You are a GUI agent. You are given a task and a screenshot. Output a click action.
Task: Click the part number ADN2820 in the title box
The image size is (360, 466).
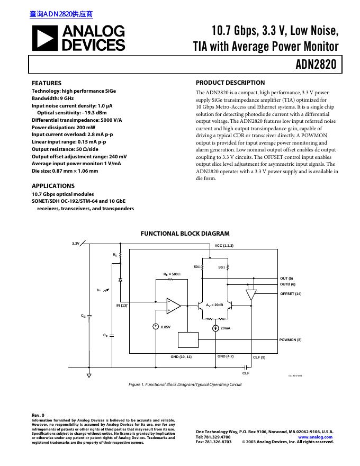[x=316, y=65]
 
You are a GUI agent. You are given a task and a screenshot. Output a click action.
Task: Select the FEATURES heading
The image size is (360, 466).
[x=47, y=83]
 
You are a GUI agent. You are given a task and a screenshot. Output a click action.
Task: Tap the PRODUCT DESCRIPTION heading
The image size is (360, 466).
[x=230, y=83]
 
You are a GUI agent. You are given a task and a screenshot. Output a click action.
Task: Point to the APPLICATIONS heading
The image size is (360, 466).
[x=53, y=186]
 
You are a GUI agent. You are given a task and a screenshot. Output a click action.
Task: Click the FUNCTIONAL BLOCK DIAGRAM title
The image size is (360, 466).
[x=185, y=234]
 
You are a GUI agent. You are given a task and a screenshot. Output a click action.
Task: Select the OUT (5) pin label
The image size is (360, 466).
[x=286, y=279]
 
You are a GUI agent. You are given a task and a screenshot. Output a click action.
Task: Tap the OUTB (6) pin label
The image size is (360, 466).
[x=287, y=284]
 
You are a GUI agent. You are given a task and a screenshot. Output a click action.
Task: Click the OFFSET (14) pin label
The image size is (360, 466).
[x=291, y=293]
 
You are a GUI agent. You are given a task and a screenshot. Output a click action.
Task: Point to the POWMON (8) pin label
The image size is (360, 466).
[x=290, y=339]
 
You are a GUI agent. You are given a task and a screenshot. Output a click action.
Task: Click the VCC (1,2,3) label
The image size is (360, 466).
[x=224, y=246]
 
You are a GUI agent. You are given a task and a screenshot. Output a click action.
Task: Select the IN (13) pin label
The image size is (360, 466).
[x=122, y=305]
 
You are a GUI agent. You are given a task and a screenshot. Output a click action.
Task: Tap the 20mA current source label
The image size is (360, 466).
[x=226, y=329]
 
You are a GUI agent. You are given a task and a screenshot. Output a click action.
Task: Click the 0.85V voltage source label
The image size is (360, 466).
[x=166, y=327]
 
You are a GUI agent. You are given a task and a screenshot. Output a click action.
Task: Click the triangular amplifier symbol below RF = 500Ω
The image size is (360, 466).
[x=173, y=306]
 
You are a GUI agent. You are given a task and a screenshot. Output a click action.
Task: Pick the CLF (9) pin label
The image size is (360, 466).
[x=259, y=357]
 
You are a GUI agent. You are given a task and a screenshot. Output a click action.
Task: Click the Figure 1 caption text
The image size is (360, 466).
[x=185, y=384]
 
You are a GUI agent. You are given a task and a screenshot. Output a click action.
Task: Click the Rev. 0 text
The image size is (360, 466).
[x=38, y=415]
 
